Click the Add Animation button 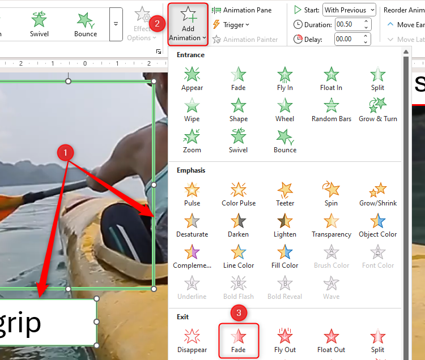[x=188, y=24]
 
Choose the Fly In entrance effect [x=285, y=79]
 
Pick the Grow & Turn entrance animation [x=378, y=110]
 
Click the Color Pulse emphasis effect [x=239, y=194]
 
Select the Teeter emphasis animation [x=285, y=194]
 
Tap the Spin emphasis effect [x=331, y=194]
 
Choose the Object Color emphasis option [x=378, y=225]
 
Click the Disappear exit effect [x=192, y=341]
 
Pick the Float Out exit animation [x=331, y=341]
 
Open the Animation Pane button [x=241, y=10]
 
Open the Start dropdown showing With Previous [x=349, y=10]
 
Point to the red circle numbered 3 [x=239, y=312]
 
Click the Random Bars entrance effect [x=331, y=110]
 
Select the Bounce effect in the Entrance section [x=285, y=141]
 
